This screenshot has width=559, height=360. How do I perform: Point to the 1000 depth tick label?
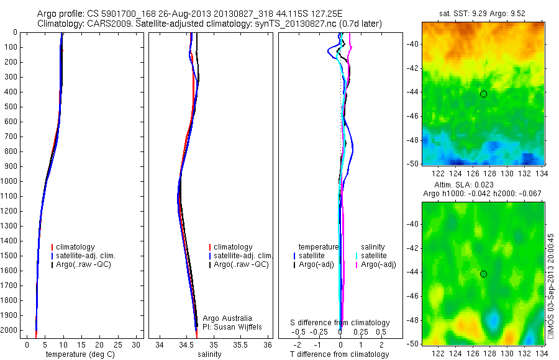pyautogui.click(x=11, y=181)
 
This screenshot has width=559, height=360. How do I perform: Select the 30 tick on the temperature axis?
pyautogui.click(x=136, y=344)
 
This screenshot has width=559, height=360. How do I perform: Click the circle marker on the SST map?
pyautogui.click(x=483, y=94)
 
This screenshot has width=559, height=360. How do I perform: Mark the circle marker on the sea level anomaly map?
pyautogui.click(x=483, y=274)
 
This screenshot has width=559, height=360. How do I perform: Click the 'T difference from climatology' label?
pyautogui.click(x=340, y=354)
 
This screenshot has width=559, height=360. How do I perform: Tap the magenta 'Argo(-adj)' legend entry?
pyautogui.click(x=378, y=264)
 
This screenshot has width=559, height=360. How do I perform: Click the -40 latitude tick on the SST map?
pyautogui.click(x=411, y=43)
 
